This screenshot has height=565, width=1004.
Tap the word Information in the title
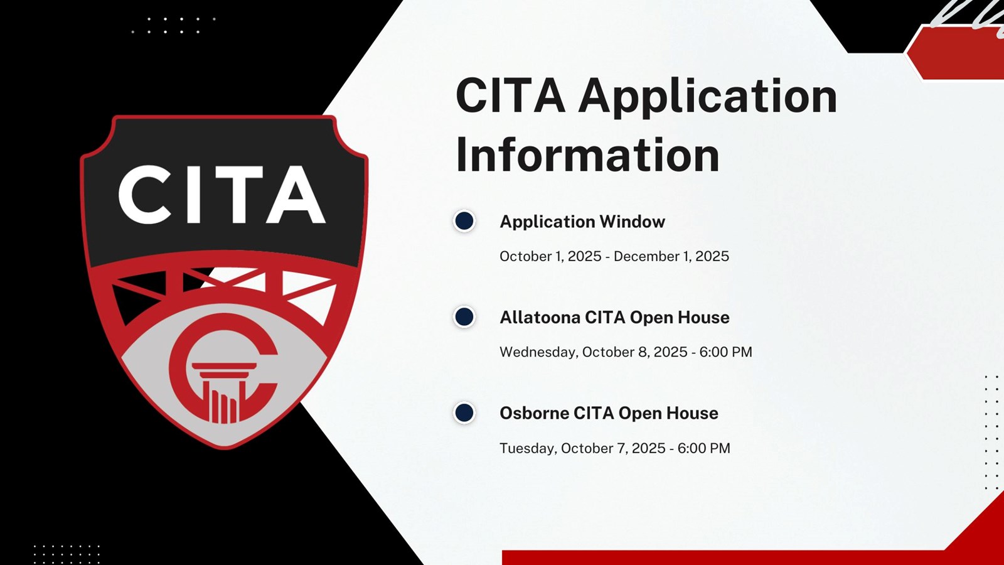tap(587, 154)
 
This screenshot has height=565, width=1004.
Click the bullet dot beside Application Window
tap(464, 221)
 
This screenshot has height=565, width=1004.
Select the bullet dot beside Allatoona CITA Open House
tap(464, 317)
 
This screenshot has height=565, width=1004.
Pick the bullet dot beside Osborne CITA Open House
tap(464, 413)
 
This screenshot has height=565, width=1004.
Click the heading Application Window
tap(582, 222)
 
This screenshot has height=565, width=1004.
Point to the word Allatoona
tap(540, 318)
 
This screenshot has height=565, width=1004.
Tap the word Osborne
tap(534, 414)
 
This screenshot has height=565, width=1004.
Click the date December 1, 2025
tap(671, 257)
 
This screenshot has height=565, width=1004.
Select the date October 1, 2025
tap(550, 257)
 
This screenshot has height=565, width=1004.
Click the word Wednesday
tap(539, 352)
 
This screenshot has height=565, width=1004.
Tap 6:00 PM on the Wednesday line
tap(725, 352)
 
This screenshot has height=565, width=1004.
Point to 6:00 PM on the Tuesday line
tap(703, 448)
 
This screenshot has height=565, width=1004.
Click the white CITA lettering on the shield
tap(222, 195)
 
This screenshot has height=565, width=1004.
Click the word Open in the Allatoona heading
tap(651, 318)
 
